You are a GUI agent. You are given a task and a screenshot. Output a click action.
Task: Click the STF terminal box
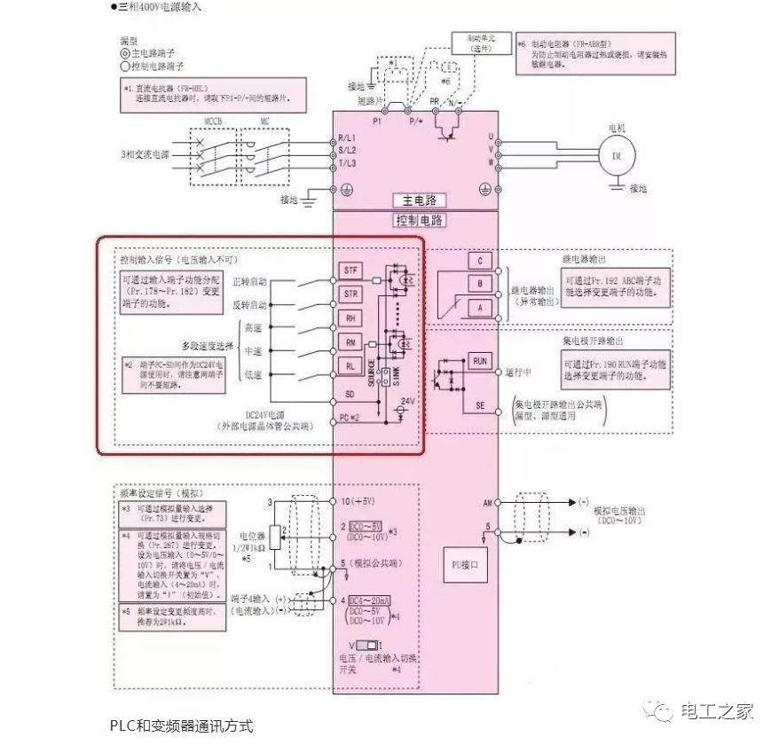[350, 269]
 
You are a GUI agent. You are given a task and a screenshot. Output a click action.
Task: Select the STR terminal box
[350, 293]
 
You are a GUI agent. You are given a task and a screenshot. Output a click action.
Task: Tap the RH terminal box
[350, 316]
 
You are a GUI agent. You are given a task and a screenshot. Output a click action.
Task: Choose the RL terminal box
[350, 364]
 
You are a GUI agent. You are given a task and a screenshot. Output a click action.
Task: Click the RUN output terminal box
[479, 361]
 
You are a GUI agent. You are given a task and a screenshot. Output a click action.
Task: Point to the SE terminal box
[479, 405]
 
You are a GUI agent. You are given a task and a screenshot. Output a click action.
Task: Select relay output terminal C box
[479, 262]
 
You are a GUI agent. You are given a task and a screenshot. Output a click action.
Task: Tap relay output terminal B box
[479, 284]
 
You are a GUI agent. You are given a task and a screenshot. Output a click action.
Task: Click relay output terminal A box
[479, 307]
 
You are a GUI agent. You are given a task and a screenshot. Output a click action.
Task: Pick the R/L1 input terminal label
[347, 139]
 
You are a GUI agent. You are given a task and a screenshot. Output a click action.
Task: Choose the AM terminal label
[488, 503]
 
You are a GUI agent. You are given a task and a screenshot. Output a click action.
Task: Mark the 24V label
[408, 401]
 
